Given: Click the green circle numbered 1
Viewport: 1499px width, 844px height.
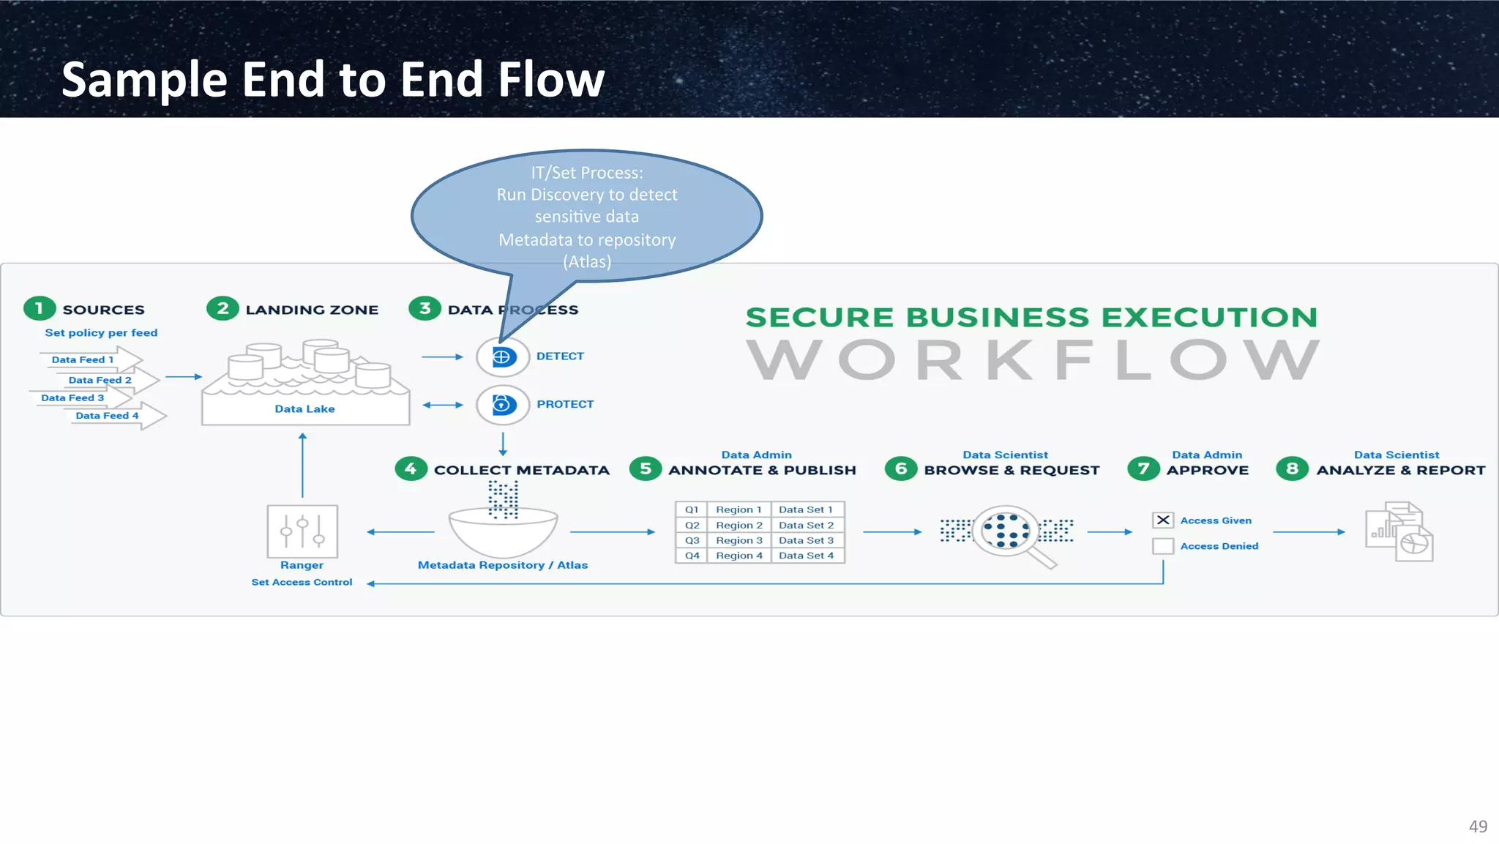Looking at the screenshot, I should pyautogui.click(x=40, y=308).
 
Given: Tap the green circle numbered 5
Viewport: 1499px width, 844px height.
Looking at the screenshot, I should pyautogui.click(x=645, y=468).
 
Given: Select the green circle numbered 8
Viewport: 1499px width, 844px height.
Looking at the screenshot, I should pyautogui.click(x=1292, y=468).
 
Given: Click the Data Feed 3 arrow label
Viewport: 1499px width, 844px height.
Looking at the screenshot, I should pyautogui.click(x=72, y=397).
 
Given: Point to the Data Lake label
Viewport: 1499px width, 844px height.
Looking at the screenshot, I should pyautogui.click(x=304, y=409).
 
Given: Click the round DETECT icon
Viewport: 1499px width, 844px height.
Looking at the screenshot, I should pyautogui.click(x=502, y=357).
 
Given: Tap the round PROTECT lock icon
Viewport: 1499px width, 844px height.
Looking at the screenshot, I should pyautogui.click(x=503, y=404).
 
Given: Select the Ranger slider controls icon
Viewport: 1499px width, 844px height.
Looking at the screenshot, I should pyautogui.click(x=302, y=531).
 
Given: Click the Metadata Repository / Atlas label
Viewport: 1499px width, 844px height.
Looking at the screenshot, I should pyautogui.click(x=502, y=565).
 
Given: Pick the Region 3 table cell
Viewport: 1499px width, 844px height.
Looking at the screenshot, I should pyautogui.click(x=739, y=540).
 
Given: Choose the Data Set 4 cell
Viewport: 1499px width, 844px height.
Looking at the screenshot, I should pyautogui.click(x=806, y=556).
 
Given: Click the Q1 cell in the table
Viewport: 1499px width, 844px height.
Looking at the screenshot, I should pyautogui.click(x=692, y=509).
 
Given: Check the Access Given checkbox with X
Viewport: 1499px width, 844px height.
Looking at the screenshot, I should pyautogui.click(x=1162, y=520).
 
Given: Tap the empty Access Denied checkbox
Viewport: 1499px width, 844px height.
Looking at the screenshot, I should pyautogui.click(x=1162, y=546).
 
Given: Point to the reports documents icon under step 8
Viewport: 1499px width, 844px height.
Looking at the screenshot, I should pyautogui.click(x=1399, y=532).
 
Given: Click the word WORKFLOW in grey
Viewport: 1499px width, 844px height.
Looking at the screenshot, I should pyautogui.click(x=1033, y=359).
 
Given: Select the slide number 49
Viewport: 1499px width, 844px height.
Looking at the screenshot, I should pyautogui.click(x=1477, y=826).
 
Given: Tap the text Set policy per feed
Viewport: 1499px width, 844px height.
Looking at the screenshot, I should pyautogui.click(x=101, y=332).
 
